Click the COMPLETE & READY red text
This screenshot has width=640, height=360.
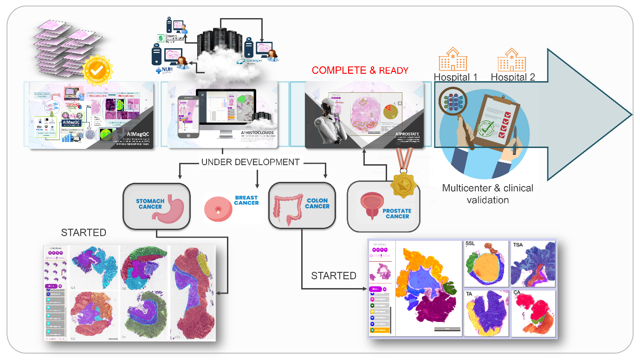[x=360, y=71]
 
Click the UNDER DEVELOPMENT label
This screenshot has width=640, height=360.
[x=250, y=162]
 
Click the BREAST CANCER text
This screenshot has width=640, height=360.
[x=246, y=200]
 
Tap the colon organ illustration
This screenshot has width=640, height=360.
[x=288, y=206]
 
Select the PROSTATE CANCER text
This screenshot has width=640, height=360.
[x=397, y=213]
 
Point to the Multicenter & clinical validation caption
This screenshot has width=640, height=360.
[x=487, y=194]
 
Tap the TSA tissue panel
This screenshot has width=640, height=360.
[x=533, y=264]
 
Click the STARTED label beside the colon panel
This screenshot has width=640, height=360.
[x=333, y=276]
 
